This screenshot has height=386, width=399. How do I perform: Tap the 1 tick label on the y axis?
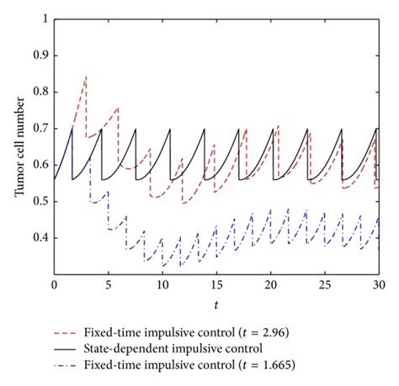[x=45, y=18]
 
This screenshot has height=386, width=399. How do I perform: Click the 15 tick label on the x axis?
[x=216, y=287]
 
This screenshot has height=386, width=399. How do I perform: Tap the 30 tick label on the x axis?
[x=379, y=287]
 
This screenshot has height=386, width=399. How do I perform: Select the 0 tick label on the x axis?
[x=55, y=287]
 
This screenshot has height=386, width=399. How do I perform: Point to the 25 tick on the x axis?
[x=324, y=287]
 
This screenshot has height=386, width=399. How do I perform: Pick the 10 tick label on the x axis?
[x=162, y=287]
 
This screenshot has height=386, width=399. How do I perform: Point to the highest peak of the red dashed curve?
[x=86, y=76]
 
